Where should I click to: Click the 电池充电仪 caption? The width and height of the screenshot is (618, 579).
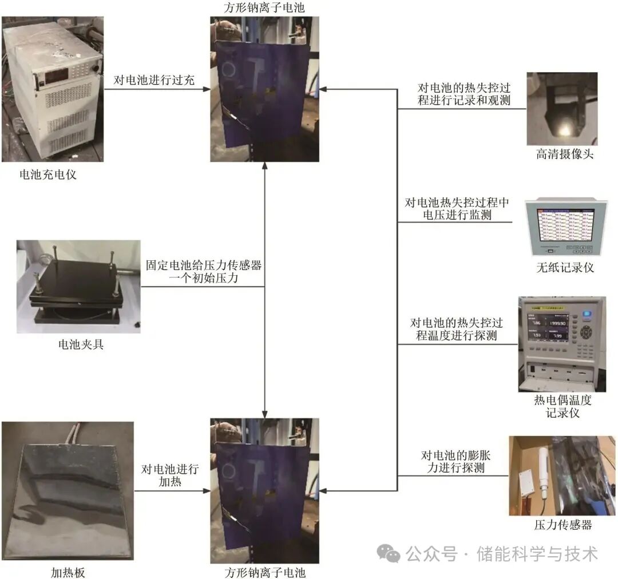48,175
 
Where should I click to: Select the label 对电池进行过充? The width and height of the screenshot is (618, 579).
154,80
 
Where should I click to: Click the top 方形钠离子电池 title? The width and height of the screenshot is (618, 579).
265,8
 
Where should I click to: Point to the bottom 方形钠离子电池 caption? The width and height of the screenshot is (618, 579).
265,572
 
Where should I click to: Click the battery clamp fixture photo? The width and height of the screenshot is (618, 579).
78,286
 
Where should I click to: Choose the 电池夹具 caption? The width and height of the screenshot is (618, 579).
81,344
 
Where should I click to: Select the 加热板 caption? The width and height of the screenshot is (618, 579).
68,572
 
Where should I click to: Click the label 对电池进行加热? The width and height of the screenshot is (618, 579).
170,475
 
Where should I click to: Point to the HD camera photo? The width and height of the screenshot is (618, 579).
562,109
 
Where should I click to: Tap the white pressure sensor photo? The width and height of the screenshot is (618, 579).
562,475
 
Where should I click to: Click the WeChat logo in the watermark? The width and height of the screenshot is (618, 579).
388,553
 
